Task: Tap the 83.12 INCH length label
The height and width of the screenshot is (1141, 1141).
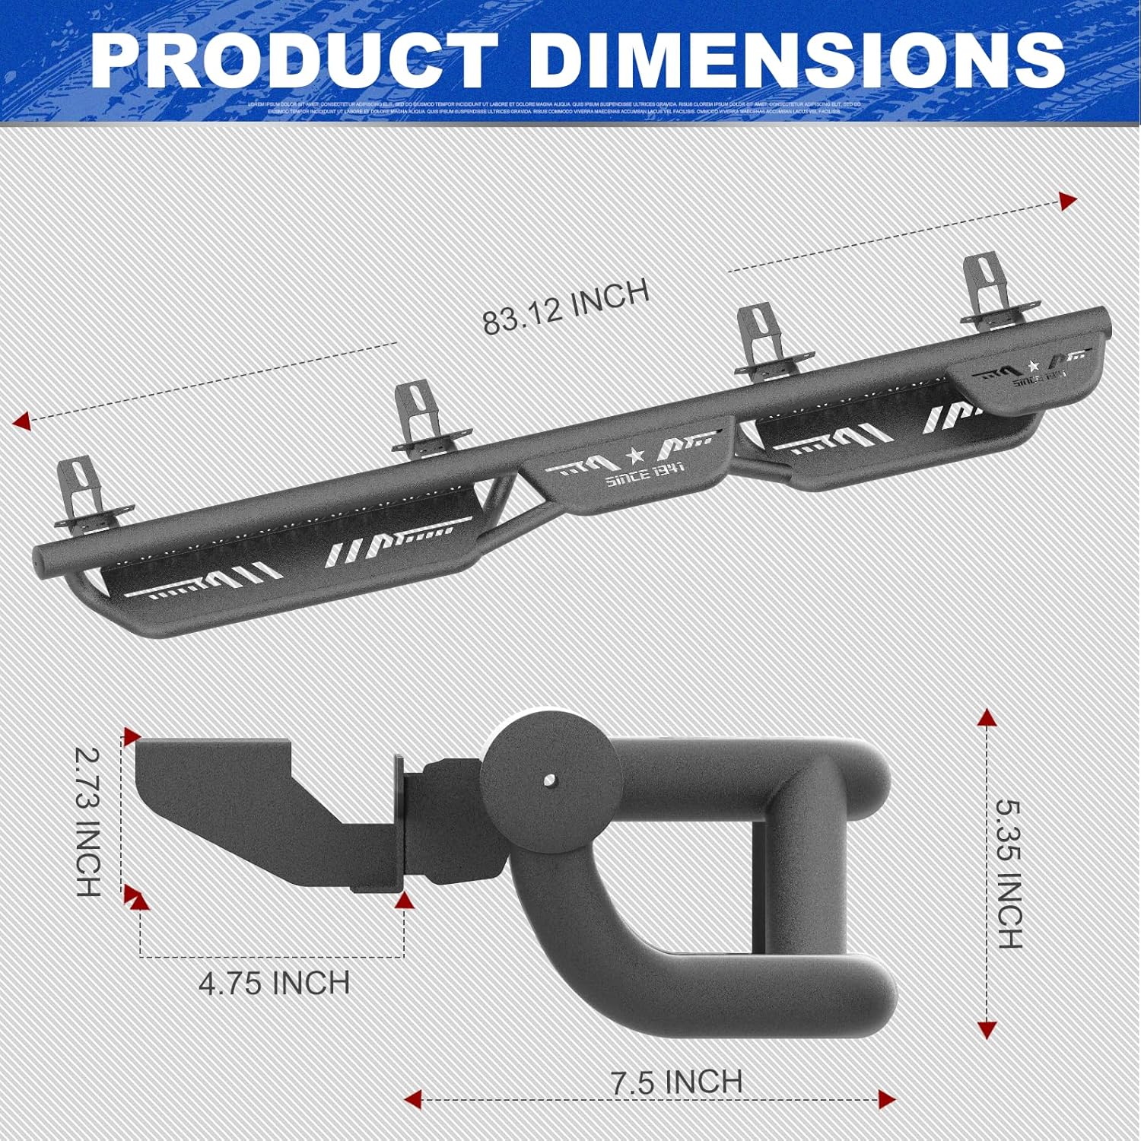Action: pos(566,306)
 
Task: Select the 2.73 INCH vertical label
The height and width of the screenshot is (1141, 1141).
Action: pos(89,822)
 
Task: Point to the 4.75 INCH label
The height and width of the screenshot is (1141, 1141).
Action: pos(274,983)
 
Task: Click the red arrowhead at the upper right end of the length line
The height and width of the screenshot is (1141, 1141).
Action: pos(1068,201)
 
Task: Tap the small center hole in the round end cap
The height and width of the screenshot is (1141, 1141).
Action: pos(549,780)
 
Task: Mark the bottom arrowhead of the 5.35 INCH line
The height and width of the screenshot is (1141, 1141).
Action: pos(987,1030)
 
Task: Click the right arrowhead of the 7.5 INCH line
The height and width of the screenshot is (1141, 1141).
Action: pos(886,1098)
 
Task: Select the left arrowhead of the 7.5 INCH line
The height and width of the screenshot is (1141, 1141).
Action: pos(413,1098)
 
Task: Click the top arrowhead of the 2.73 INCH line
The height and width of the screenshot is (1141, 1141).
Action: pos(132,736)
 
